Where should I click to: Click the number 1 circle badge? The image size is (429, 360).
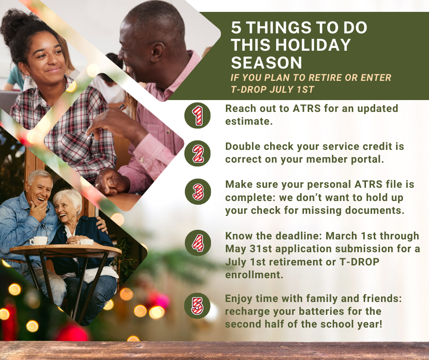click(x=197, y=116)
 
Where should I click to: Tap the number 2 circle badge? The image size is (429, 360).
click(x=197, y=154)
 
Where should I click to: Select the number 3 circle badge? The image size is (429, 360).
click(x=197, y=191)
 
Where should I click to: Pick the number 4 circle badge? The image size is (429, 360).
click(x=197, y=242)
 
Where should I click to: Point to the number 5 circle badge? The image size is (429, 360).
click(x=197, y=305)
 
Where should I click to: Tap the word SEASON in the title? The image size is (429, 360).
click(x=267, y=62)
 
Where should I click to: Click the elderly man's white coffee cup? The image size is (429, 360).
click(x=39, y=240)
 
